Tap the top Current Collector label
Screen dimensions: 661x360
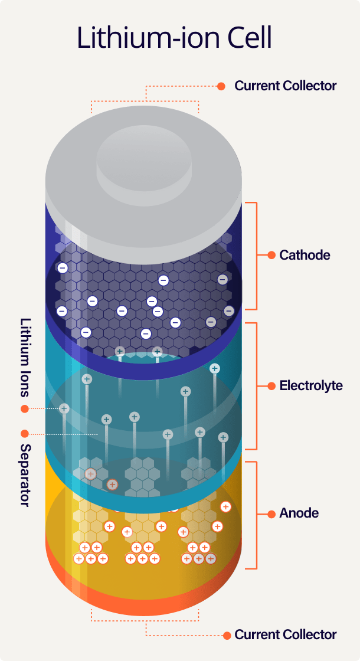click(x=286, y=86)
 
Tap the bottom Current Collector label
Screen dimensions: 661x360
click(x=286, y=635)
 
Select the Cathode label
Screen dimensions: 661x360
click(x=305, y=256)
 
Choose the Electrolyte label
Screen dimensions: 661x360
click(x=311, y=386)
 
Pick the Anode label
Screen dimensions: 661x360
click(x=299, y=513)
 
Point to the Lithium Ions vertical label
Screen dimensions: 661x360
click(x=25, y=357)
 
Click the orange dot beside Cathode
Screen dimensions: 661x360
click(x=271, y=256)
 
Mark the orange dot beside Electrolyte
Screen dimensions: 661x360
click(x=271, y=386)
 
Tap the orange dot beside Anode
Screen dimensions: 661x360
click(x=271, y=513)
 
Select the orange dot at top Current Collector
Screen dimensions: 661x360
click(x=221, y=86)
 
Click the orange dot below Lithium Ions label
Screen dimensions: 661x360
click(x=25, y=408)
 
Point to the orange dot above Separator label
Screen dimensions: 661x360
click(x=25, y=434)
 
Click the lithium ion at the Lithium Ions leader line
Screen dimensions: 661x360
click(x=64, y=408)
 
